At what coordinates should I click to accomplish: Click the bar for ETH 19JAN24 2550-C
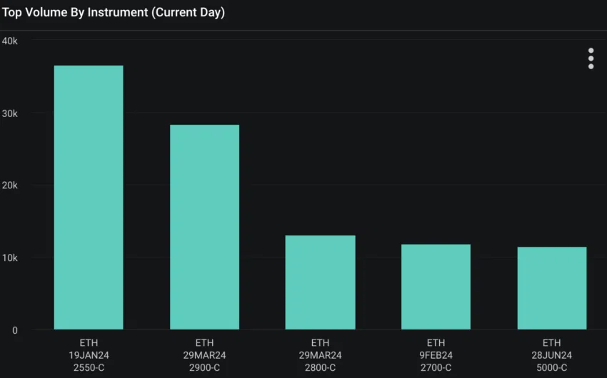[x=89, y=198]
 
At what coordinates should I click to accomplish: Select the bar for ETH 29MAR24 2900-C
[x=204, y=227]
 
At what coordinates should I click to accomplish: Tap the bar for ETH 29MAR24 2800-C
[x=320, y=282]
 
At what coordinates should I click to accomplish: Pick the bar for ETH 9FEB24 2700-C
[x=436, y=287]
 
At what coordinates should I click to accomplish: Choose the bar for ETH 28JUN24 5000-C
[x=551, y=288]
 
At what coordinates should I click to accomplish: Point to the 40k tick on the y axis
[x=10, y=41]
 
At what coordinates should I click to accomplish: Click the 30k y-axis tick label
[x=10, y=113]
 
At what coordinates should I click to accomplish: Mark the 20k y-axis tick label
[x=10, y=185]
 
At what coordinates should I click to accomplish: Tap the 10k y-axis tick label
[x=10, y=257]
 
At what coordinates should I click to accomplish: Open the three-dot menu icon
[x=591, y=58]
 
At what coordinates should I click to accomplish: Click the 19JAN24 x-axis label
[x=89, y=355]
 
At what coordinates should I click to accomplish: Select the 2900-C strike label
[x=204, y=367]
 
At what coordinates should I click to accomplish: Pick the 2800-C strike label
[x=320, y=367]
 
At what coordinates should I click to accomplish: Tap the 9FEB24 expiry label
[x=436, y=355]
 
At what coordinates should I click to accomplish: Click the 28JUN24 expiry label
[x=551, y=355]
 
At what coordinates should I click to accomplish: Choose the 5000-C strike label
[x=551, y=367]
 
